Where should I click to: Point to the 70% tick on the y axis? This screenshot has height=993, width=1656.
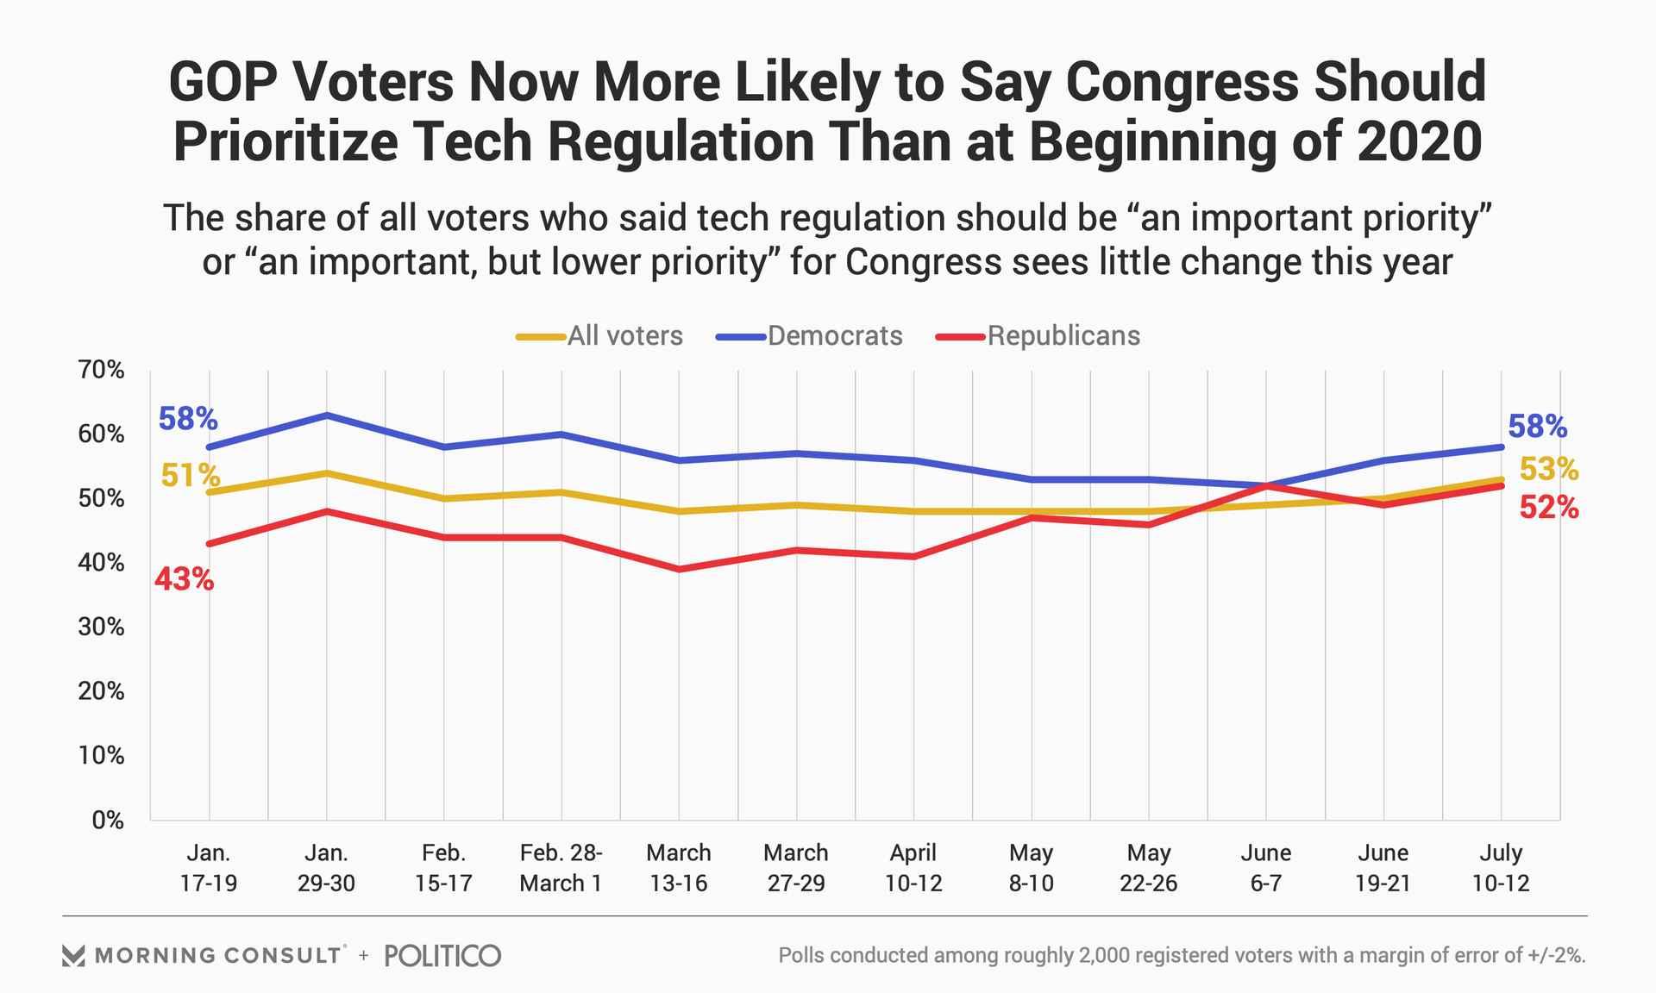pos(102,370)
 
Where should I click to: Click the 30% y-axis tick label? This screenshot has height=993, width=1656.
pos(102,627)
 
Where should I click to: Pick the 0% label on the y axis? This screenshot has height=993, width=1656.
pos(108,820)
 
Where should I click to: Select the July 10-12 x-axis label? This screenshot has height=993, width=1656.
pos(1501,868)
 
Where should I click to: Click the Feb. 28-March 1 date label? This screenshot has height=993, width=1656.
pos(561,868)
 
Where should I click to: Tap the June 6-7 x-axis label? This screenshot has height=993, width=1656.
pos(1266,868)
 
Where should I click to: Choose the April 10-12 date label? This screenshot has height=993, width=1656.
pos(913,868)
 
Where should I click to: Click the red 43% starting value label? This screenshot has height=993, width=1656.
pos(184,579)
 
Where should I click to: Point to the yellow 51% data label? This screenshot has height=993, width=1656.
pos(190,475)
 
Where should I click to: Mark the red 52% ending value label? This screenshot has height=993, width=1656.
pos(1548,509)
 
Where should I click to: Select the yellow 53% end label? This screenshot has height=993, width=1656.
pos(1548,470)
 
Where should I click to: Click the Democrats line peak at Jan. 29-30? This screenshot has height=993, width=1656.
pos(326,415)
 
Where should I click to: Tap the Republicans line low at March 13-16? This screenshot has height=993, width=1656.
pos(679,569)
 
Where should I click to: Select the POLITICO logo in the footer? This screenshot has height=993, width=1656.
pos(442,955)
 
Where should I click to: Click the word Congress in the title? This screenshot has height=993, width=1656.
pos(1182,82)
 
